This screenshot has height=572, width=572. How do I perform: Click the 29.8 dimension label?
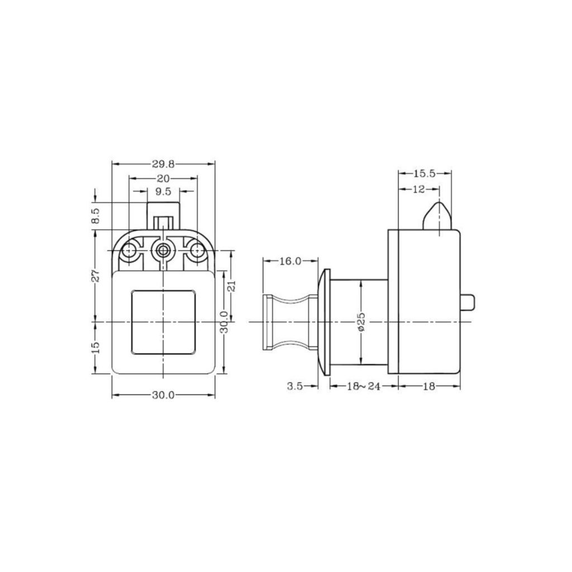point(164,165)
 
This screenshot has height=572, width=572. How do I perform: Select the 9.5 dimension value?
point(163,192)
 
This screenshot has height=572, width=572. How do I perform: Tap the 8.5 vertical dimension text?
point(96,216)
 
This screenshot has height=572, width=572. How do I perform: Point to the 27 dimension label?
point(96,276)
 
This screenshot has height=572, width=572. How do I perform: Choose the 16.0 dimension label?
point(290,261)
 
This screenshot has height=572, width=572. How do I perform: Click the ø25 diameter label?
point(361,322)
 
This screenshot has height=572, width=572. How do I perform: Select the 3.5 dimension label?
point(295,387)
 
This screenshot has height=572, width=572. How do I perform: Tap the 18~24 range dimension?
point(363,387)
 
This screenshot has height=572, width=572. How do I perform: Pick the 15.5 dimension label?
point(425,174)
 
